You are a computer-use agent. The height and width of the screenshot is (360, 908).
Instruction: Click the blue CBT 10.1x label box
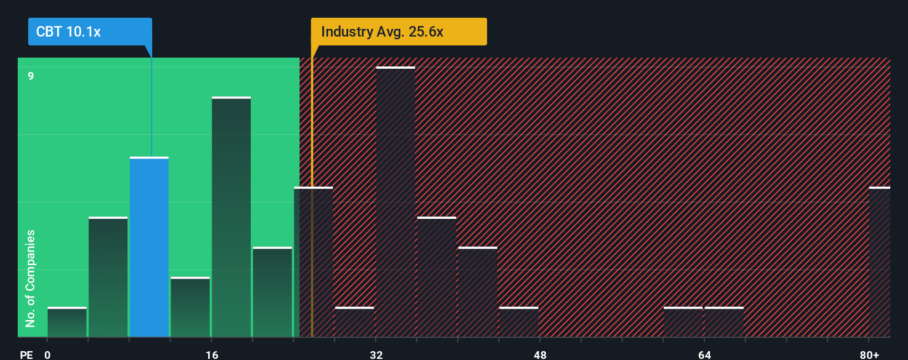click(x=90, y=32)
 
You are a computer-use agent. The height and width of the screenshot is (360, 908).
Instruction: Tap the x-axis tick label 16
click(x=212, y=354)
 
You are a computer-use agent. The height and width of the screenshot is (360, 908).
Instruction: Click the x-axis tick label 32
click(x=376, y=354)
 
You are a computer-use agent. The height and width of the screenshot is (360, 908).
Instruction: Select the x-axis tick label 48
click(x=540, y=354)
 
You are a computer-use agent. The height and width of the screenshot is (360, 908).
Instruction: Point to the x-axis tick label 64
click(x=704, y=354)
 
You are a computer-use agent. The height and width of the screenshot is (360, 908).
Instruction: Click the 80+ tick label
click(x=869, y=354)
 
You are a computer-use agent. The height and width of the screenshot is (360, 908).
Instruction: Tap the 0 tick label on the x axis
click(x=48, y=354)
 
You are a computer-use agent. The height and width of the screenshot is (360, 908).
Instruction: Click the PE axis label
click(x=26, y=354)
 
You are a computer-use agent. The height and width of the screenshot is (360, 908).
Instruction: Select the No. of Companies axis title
click(x=30, y=278)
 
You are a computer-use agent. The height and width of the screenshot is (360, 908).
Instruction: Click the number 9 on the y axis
click(x=31, y=76)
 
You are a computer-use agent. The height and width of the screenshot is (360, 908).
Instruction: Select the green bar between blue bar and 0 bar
click(x=108, y=277)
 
